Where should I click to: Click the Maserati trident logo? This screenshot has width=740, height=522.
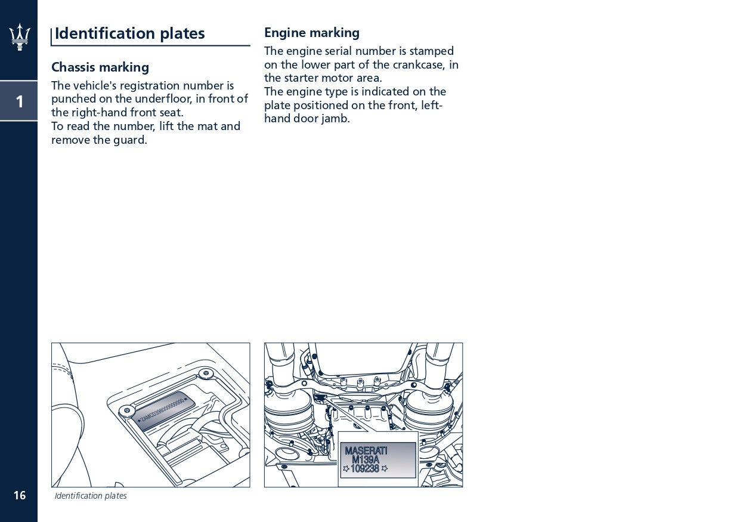[x=19, y=37]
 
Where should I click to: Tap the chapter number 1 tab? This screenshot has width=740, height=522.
[x=19, y=101]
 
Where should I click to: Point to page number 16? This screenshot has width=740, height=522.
[x=20, y=495]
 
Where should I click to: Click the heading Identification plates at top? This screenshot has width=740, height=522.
[x=129, y=34]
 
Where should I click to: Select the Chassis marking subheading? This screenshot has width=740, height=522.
[x=100, y=67]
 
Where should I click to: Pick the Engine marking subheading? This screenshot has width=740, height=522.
[x=312, y=33]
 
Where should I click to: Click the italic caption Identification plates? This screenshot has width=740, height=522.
[x=91, y=496]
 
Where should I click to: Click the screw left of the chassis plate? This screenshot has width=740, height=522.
[x=126, y=410]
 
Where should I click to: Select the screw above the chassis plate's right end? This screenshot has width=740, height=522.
[x=206, y=373]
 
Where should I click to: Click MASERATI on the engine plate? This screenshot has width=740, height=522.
[x=366, y=451]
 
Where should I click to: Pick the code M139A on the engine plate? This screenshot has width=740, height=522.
[x=365, y=460]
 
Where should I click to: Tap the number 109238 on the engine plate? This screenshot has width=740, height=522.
[x=365, y=469]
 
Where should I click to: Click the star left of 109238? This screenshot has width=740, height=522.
[x=346, y=469]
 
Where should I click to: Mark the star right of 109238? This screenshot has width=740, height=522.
[x=385, y=469]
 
